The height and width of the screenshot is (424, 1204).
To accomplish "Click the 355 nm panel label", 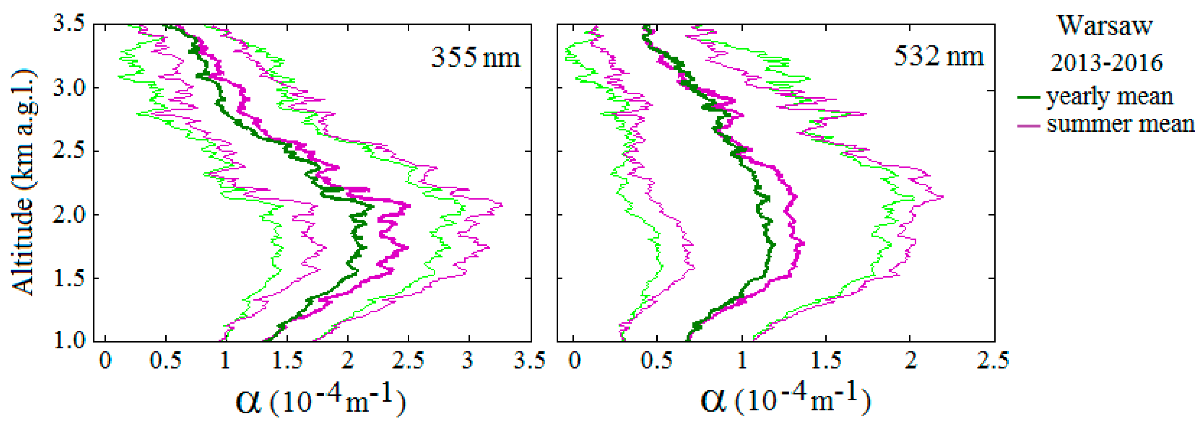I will [x=475, y=58].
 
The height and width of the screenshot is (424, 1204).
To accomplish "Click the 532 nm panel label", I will [x=938, y=56].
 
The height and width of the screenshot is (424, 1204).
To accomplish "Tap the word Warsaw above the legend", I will [x=1105, y=26].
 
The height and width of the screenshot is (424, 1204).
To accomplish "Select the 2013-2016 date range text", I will [x=1106, y=63].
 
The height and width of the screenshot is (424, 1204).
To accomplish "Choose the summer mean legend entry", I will [x=1120, y=124].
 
